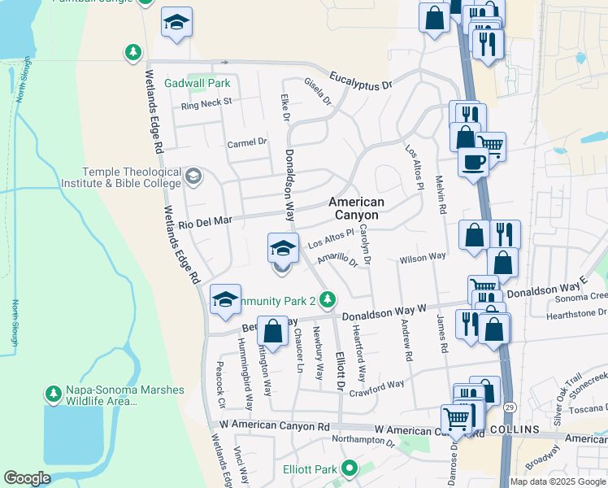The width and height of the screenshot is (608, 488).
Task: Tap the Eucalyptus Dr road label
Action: tap(361, 81)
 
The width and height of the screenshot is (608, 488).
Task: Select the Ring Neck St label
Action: tap(206, 103)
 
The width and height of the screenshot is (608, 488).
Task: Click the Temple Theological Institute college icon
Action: tap(193, 176)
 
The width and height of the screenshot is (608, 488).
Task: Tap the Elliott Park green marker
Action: tap(350, 468)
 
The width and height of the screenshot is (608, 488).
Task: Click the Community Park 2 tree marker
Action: tap(327, 300)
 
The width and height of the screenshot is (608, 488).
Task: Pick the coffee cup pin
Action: tap(472, 162)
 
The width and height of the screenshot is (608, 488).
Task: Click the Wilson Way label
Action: tap(423, 258)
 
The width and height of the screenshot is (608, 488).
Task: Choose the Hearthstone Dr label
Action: tap(580, 312)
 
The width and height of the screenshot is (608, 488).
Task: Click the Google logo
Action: tap(27, 478)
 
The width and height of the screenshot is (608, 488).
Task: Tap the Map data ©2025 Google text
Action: tap(558, 481)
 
